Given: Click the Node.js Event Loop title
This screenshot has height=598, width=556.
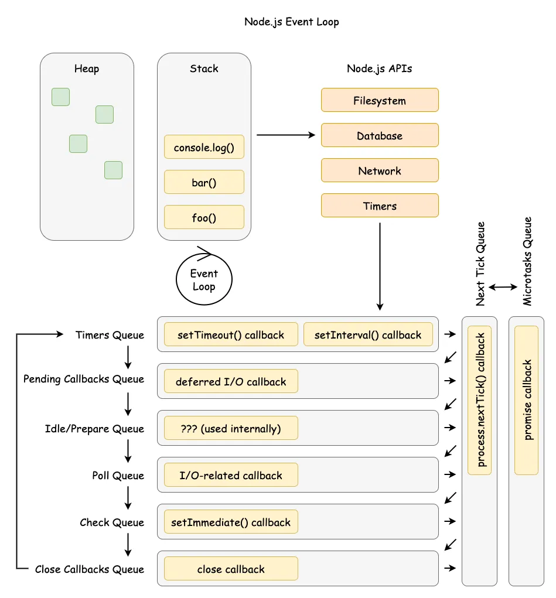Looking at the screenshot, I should tap(291, 22).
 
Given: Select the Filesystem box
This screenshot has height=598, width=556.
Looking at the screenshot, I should tap(379, 100).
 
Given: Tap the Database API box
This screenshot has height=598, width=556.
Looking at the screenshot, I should tap(379, 135).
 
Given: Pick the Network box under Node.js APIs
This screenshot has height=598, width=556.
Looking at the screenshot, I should tap(379, 170).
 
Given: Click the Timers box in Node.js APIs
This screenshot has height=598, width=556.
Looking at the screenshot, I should tap(379, 206).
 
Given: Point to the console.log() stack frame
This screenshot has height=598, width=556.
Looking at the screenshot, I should tap(204, 148).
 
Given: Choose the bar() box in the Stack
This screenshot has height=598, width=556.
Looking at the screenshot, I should tap(204, 182).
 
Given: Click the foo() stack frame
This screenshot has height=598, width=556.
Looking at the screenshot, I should tap(204, 217).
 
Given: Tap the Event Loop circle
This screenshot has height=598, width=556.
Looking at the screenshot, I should tap(204, 279).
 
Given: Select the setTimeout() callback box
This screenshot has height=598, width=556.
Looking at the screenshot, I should tap(230, 334).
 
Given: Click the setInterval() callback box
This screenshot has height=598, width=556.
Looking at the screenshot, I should tap(367, 334).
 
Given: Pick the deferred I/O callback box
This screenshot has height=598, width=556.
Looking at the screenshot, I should tap(230, 381).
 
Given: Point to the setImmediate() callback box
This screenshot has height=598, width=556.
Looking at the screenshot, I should tap(230, 522).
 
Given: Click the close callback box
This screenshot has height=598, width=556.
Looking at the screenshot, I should tap(230, 569).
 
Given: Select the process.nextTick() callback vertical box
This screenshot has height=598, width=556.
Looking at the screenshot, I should tap(480, 400).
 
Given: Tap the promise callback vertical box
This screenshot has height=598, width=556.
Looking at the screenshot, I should tap(526, 400).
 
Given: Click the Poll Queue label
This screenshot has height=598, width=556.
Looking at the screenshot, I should tap(118, 475).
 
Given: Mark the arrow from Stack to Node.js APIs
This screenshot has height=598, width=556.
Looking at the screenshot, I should tap(286, 135).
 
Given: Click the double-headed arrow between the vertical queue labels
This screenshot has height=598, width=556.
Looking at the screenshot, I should tap(503, 287).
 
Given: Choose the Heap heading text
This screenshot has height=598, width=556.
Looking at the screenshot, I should tap(87, 69).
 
